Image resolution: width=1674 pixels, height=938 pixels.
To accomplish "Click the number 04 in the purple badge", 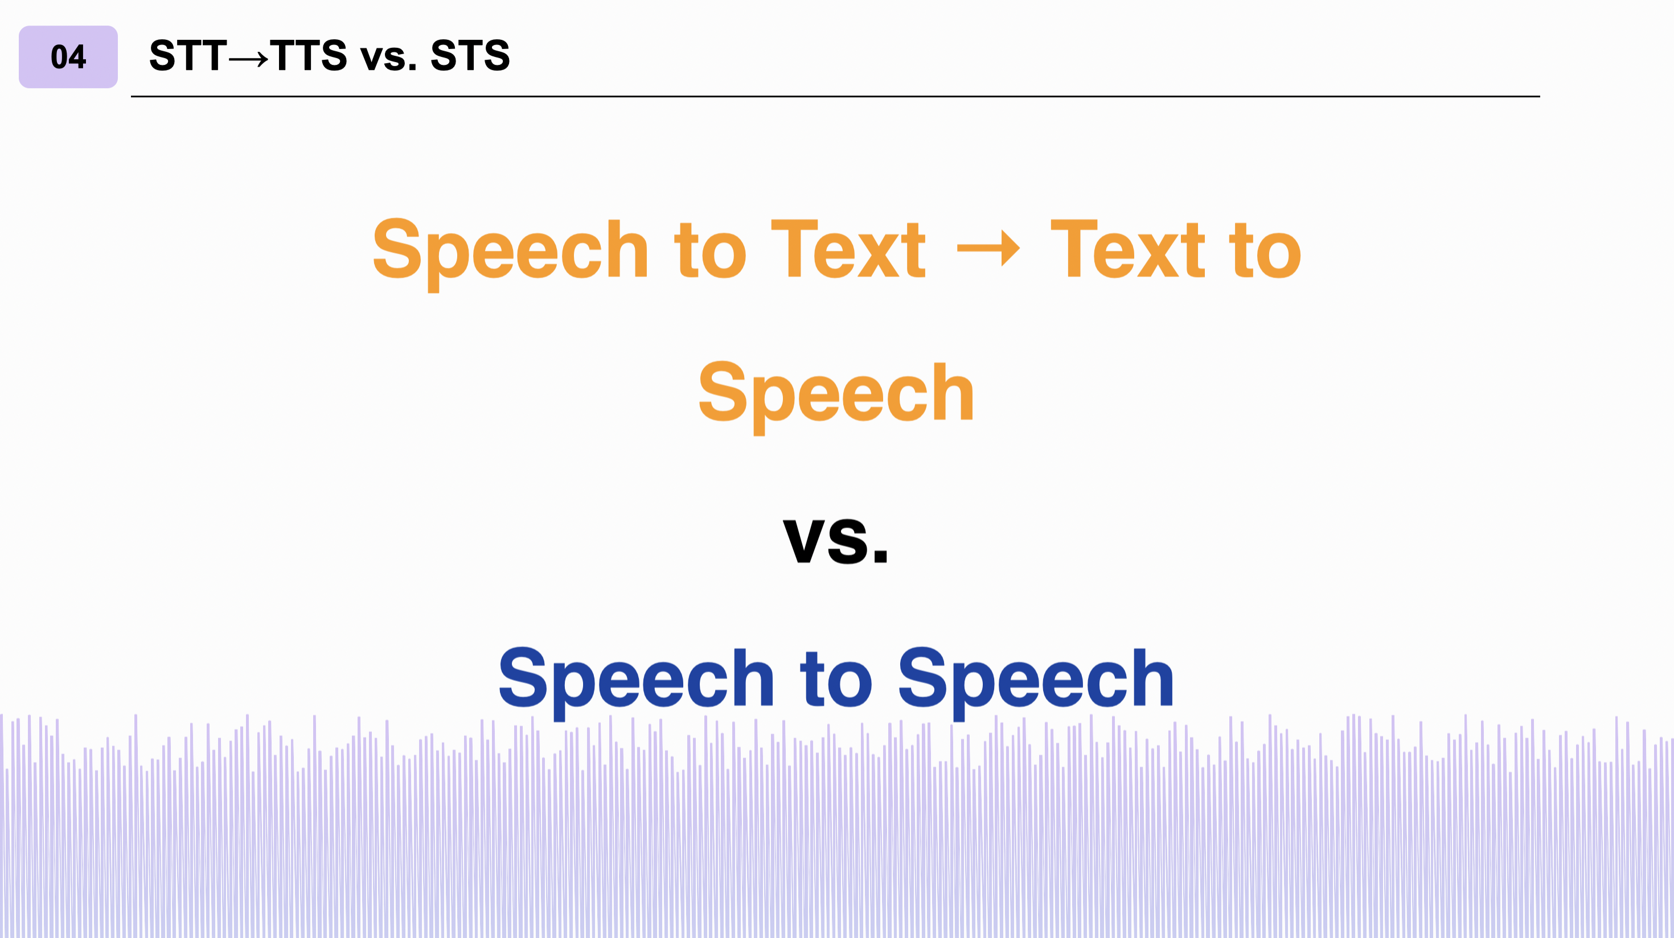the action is click(x=68, y=57).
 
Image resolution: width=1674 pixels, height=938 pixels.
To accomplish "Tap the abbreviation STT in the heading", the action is click(x=188, y=55).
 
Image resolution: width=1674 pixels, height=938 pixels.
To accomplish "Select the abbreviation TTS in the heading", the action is click(x=309, y=55).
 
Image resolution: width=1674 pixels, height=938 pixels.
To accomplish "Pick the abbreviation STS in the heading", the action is click(x=470, y=55).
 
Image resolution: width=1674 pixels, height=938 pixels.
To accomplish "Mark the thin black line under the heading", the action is click(x=835, y=96).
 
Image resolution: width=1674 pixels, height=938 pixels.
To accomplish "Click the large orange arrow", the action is click(x=988, y=248).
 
